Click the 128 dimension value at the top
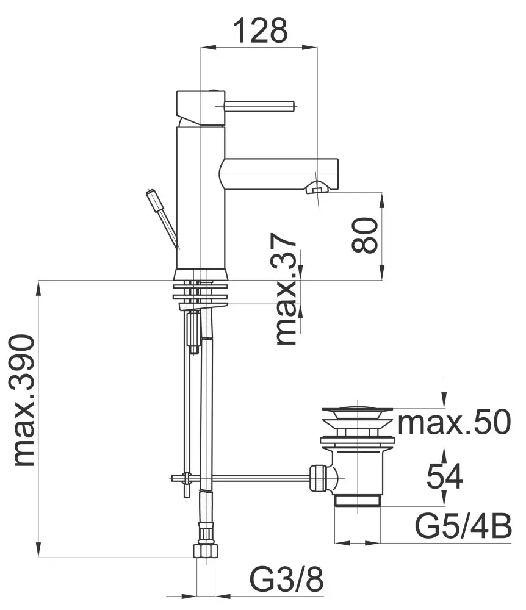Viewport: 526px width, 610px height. (x=261, y=30)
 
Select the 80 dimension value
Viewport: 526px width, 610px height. (x=364, y=235)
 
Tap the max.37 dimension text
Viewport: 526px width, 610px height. (x=286, y=289)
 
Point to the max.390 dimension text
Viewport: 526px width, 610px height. (x=24, y=400)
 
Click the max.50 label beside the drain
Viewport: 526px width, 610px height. (x=453, y=422)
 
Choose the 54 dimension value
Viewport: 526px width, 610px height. (x=445, y=476)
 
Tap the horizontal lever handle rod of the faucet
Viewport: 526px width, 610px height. (x=259, y=106)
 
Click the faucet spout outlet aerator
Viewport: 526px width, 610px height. (x=316, y=188)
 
